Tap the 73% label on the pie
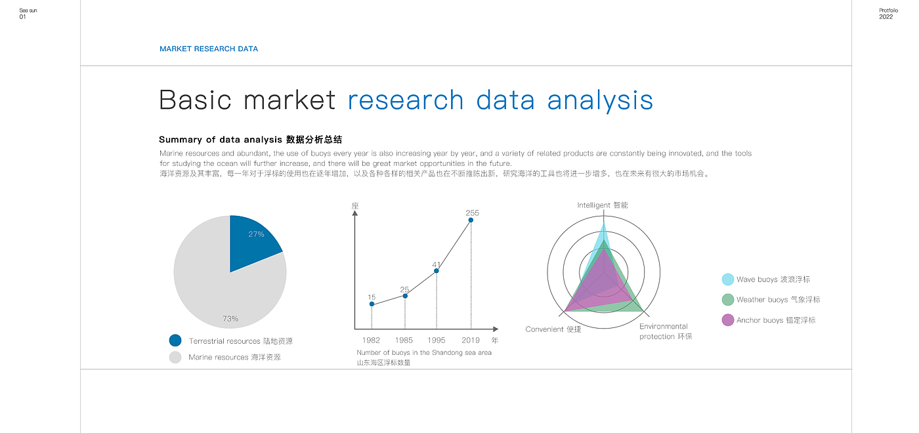pyautogui.click(x=230, y=319)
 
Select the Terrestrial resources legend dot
pyautogui.click(x=175, y=340)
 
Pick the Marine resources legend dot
pyautogui.click(x=175, y=357)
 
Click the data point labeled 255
pyautogui.click(x=471, y=220)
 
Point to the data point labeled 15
pyautogui.click(x=372, y=304)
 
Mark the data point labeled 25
pyautogui.click(x=405, y=296)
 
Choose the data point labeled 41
pyautogui.click(x=436, y=270)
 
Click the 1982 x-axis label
pyautogui.click(x=371, y=340)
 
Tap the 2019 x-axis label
pyautogui.click(x=470, y=340)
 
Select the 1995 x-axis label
pyautogui.click(x=436, y=340)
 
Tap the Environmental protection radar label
pyautogui.click(x=666, y=331)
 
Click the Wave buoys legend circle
pyautogui.click(x=728, y=279)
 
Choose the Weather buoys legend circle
pyautogui.click(x=728, y=299)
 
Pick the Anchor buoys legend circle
pyautogui.click(x=728, y=320)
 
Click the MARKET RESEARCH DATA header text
pyautogui.click(x=209, y=49)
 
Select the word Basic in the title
pyautogui.click(x=196, y=100)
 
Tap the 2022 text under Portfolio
pyautogui.click(x=886, y=17)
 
